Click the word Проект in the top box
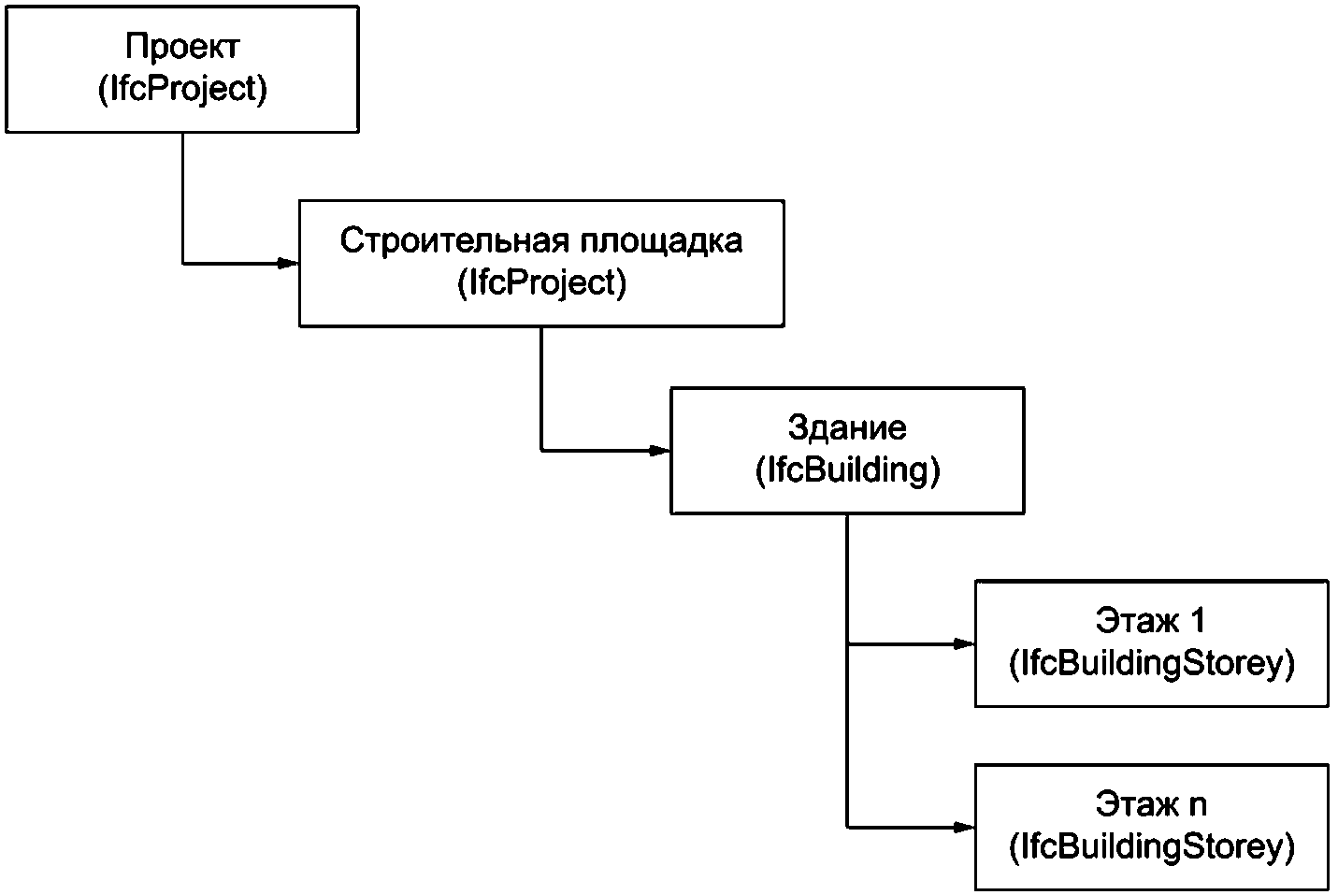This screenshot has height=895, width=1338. click(182, 47)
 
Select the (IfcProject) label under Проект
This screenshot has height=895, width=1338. click(182, 89)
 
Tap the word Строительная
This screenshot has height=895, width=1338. click(454, 240)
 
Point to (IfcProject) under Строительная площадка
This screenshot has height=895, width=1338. click(541, 282)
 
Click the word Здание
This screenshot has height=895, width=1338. click(847, 427)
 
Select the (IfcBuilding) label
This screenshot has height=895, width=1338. click(848, 470)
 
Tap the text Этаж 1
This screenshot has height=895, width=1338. click(1150, 620)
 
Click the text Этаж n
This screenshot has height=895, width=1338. click(1151, 803)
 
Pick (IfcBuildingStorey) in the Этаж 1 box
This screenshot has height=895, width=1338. click(1152, 664)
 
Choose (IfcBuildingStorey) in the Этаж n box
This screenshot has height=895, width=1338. click(1152, 846)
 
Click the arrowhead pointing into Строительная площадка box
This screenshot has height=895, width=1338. click(288, 263)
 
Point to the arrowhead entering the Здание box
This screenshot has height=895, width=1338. click(659, 451)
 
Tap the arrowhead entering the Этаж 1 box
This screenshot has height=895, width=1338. click(964, 644)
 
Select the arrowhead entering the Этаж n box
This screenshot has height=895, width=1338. click(964, 828)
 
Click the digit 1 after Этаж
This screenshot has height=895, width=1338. click(1197, 620)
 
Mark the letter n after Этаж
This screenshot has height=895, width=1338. click(1197, 806)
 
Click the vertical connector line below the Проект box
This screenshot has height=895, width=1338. click(182, 197)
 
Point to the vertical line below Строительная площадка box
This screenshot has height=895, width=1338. click(541, 389)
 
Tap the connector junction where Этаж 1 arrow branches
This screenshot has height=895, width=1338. click(847, 644)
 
